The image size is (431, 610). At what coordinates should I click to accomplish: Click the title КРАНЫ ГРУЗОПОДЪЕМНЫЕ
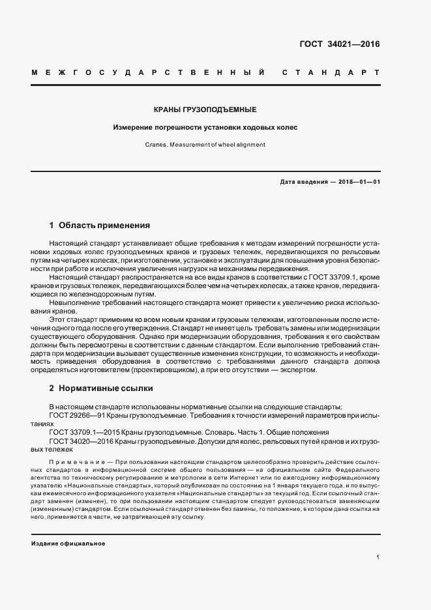click(x=205, y=109)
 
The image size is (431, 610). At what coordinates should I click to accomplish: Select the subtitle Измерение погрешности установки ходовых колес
click(x=205, y=127)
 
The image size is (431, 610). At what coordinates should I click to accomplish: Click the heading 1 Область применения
click(x=100, y=225)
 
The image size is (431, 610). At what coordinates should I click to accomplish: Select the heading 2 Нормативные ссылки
click(x=101, y=388)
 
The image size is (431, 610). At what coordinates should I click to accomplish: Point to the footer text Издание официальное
click(x=68, y=543)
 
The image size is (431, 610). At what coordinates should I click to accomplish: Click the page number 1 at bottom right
click(x=378, y=557)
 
